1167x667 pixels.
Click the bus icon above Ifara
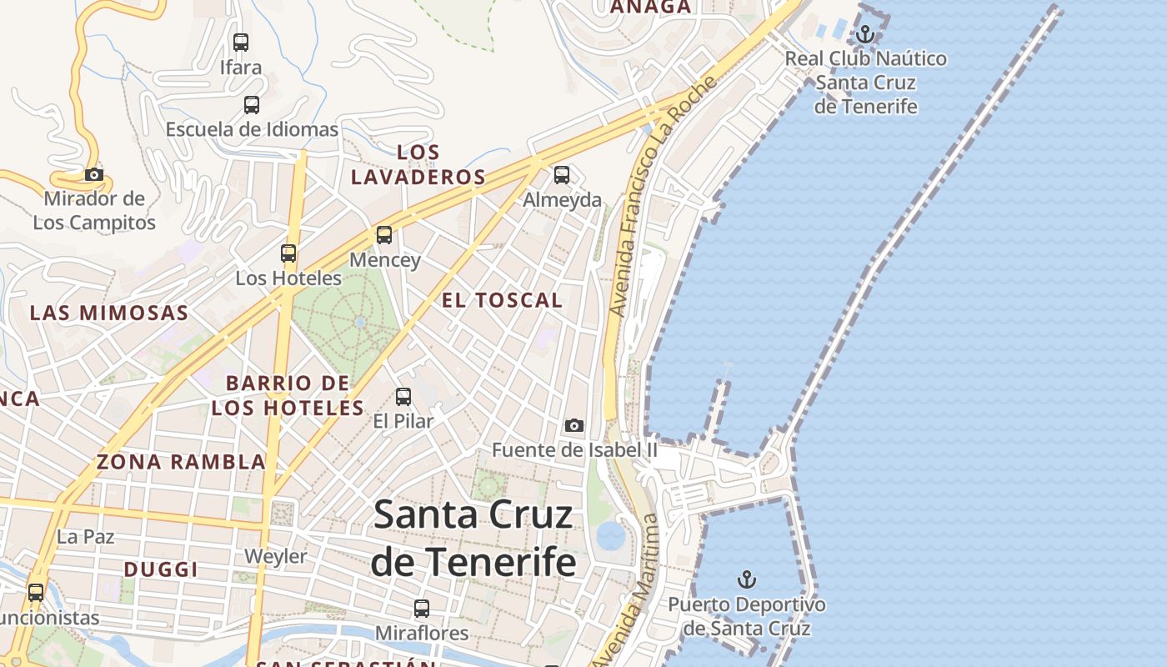click(241, 42)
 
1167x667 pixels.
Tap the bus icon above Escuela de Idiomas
click(251, 105)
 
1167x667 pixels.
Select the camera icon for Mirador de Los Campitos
click(94, 174)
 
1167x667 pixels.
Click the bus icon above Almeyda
click(562, 175)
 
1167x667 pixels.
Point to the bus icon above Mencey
click(384, 235)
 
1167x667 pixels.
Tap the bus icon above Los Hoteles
click(288, 253)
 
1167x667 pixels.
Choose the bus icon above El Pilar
click(403, 397)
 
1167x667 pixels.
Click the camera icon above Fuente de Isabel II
click(573, 426)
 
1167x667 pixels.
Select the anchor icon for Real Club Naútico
click(865, 34)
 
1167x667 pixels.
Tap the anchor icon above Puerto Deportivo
click(747, 579)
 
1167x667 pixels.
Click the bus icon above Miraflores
click(422, 609)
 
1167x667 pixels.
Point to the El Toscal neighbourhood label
click(502, 300)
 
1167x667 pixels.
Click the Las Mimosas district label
click(109, 313)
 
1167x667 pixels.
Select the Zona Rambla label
click(181, 461)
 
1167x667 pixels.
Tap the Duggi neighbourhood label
click(161, 569)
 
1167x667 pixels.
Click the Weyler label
click(276, 556)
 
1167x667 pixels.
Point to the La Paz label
click(86, 537)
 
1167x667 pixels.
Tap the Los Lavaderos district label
click(418, 164)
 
